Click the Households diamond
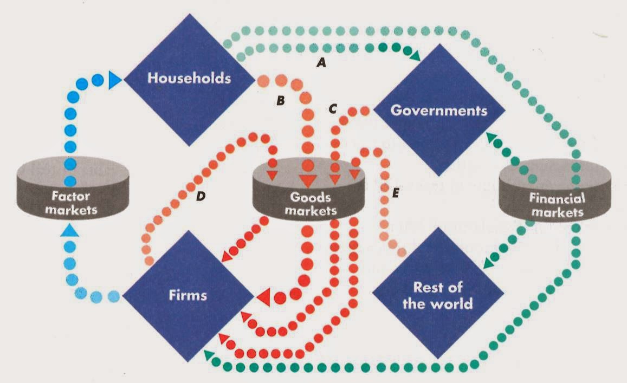click(189, 79)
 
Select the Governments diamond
click(439, 111)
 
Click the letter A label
click(321, 63)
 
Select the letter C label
click(333, 108)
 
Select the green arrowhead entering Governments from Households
click(415, 56)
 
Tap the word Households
click(189, 78)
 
